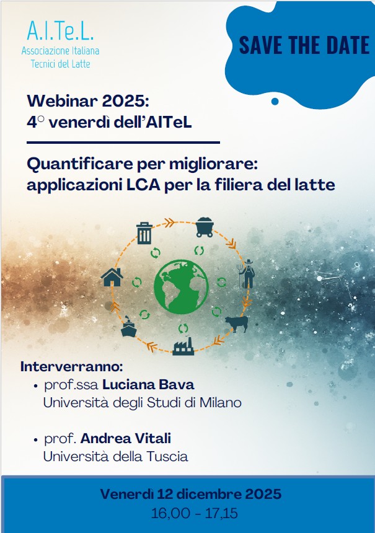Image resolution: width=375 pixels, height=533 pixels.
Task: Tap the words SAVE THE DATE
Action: tap(304, 46)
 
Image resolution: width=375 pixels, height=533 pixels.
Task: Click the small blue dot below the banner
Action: tap(275, 101)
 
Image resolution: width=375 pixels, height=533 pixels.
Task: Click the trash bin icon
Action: tap(144, 233)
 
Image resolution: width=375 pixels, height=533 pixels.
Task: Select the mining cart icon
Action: tap(204, 227)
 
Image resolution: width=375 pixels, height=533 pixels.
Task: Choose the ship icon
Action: tap(128, 327)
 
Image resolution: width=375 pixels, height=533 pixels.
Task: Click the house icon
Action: tap(112, 276)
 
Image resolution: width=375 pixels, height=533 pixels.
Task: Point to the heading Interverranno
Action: tap(72, 366)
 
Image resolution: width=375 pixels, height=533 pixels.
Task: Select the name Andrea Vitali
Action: tap(126, 439)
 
